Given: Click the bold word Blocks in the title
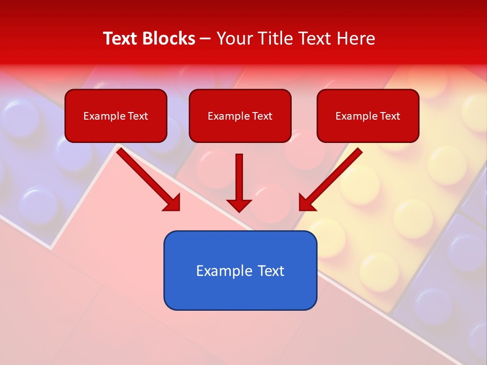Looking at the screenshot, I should pos(170,39).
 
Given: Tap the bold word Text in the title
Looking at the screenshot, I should pos(122,39).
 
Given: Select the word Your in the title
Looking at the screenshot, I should pos(234,39).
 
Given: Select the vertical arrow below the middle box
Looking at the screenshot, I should pos(239,177).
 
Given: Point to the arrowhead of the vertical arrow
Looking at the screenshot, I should pos(239,205).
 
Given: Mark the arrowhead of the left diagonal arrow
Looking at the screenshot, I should pos(172,203).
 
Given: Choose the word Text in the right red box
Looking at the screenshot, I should pos(390,116).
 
